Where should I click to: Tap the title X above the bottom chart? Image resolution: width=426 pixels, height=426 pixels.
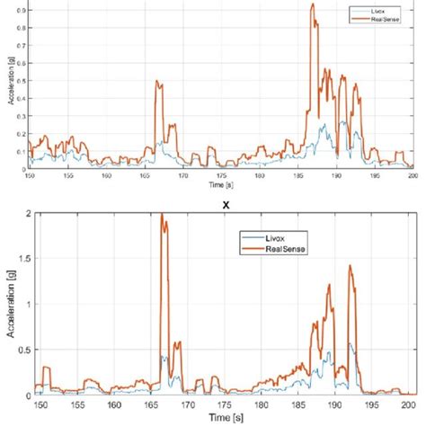pyautogui.click(x=213, y=204)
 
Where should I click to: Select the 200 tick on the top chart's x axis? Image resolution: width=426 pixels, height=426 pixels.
pyautogui.click(x=413, y=175)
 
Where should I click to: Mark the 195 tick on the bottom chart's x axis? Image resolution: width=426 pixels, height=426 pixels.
pyautogui.click(x=377, y=405)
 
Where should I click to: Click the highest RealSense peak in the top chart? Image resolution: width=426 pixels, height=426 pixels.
pyautogui.click(x=312, y=4)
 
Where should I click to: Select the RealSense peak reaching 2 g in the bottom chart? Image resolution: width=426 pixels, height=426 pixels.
pyautogui.click(x=163, y=215)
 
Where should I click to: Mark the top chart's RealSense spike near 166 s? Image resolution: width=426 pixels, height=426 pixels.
pyautogui.click(x=157, y=83)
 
